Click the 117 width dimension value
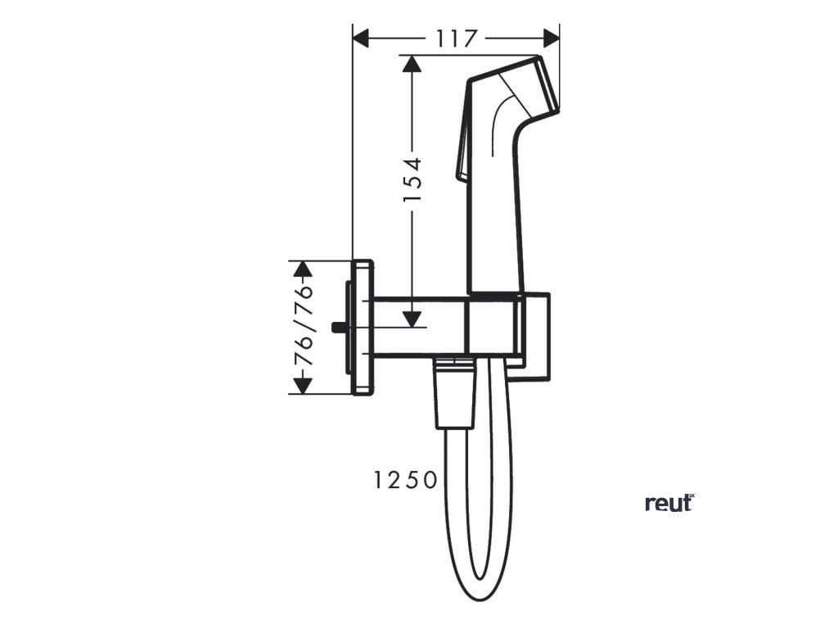tap(456, 38)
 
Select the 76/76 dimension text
tap(304, 327)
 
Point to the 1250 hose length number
tap(406, 481)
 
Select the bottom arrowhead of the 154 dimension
tap(412, 319)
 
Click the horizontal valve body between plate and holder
tap(419, 326)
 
